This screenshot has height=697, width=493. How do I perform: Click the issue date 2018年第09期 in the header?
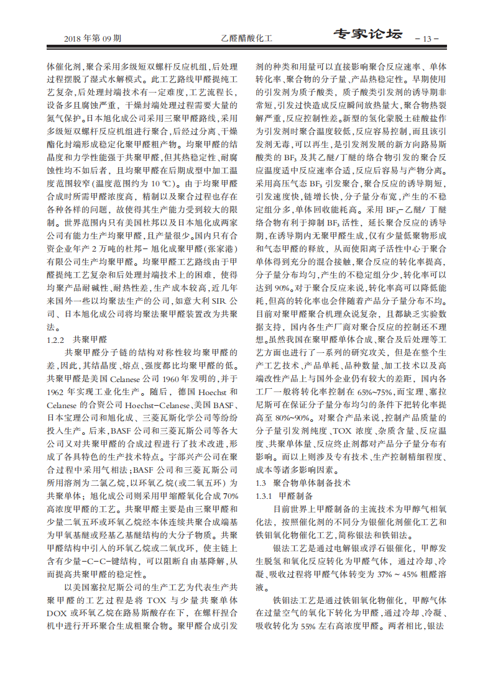point(93,39)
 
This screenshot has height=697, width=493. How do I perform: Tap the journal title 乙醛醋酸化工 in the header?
point(247,39)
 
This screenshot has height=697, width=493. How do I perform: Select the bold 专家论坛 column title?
point(367,35)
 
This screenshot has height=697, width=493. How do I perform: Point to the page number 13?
point(426,39)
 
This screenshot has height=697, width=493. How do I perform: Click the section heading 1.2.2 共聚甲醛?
point(77,340)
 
